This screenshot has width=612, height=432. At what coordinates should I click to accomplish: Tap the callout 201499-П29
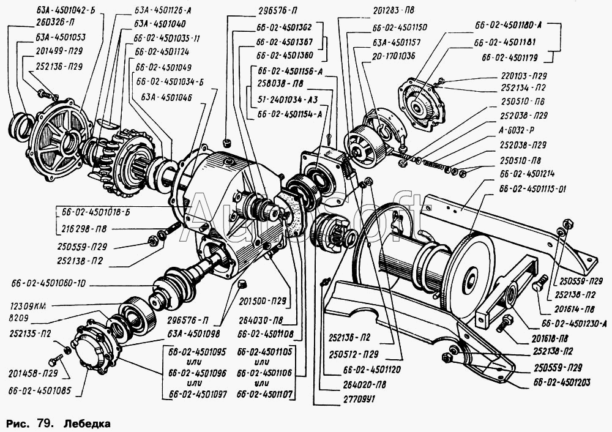pyautogui.click(x=50, y=51)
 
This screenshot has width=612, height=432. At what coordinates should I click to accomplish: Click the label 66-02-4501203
pyautogui.click(x=561, y=383)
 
